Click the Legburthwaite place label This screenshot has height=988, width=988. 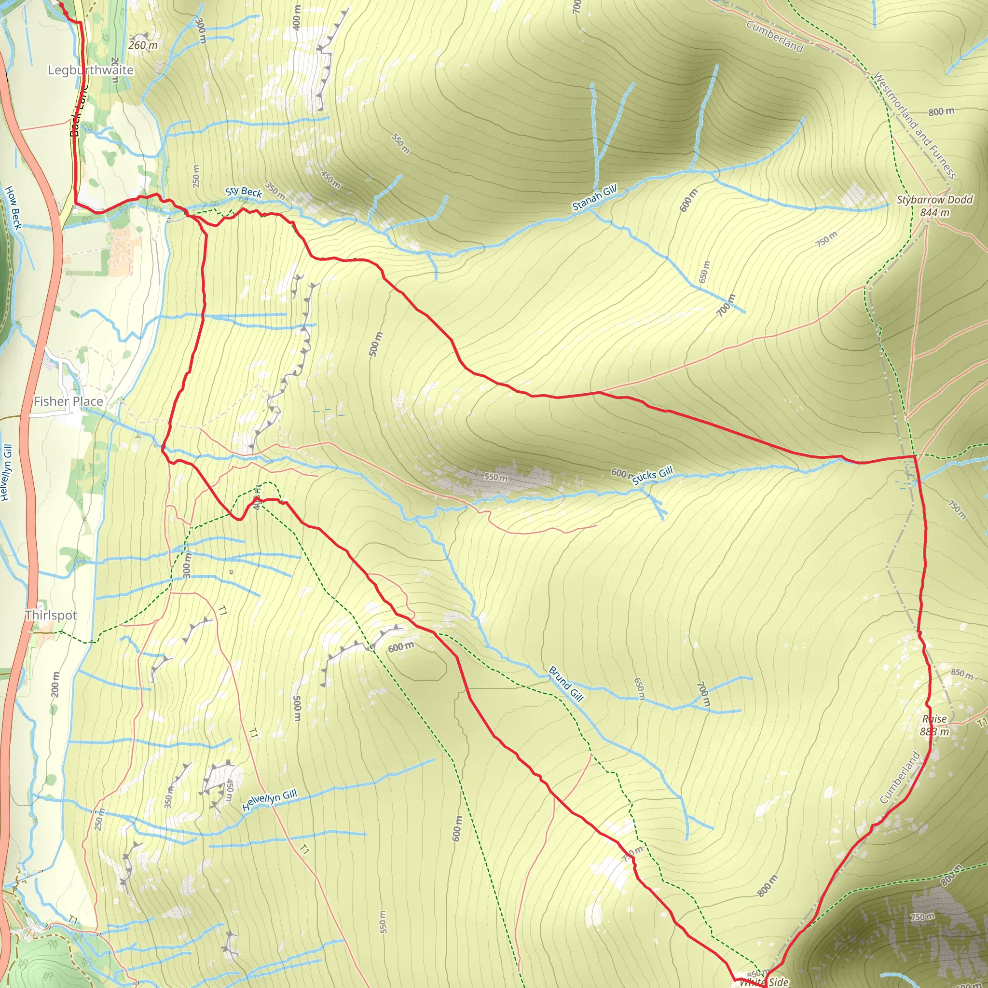91,70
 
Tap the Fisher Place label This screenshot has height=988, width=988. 68,401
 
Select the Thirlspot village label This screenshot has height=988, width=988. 51,615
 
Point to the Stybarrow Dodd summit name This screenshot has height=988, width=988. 934,199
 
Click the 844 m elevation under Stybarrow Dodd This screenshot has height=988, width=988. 934,212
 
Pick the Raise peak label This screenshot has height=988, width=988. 934,719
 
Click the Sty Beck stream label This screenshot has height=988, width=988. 244,192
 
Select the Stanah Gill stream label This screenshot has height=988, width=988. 594,198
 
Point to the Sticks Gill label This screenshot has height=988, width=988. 652,476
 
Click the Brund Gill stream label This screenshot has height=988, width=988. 565,684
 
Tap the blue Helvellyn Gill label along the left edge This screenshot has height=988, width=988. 6,472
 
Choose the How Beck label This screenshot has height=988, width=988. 14,207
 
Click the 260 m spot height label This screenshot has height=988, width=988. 143,45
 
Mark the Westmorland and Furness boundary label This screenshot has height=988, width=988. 913,125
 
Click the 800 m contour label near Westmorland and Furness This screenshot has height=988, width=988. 941,111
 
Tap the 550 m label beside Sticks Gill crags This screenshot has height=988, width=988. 495,477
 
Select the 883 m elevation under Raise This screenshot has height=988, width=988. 934,732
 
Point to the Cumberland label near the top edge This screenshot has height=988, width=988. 774,36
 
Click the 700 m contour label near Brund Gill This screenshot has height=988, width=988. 704,694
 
